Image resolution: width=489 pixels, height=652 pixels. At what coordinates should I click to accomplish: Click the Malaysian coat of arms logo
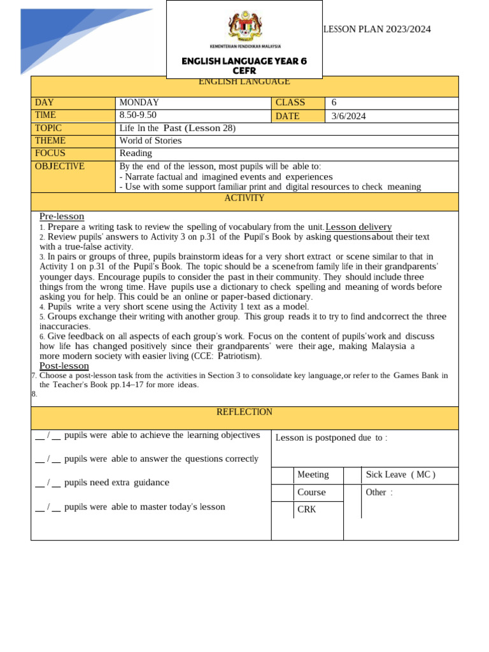[244, 27]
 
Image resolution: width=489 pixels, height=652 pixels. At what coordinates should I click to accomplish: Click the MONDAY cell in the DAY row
[139, 103]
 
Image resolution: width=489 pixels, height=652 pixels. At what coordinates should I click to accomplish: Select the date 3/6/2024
[348, 116]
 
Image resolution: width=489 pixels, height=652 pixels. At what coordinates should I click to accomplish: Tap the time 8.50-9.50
[138, 115]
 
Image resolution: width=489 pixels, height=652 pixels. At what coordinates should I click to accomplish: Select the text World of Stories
[150, 141]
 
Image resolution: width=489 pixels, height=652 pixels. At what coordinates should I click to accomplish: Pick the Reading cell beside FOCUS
[136, 153]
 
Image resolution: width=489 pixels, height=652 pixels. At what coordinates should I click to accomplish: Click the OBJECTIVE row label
[59, 166]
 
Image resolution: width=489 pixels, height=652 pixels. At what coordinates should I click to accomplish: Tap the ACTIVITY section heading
[244, 198]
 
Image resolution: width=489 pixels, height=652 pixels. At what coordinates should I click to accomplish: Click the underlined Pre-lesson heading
[62, 216]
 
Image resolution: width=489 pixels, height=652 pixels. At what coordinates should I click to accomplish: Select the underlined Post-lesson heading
[64, 366]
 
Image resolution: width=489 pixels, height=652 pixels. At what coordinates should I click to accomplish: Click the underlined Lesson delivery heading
[358, 227]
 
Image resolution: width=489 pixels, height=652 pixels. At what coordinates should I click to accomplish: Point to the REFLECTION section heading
[244, 412]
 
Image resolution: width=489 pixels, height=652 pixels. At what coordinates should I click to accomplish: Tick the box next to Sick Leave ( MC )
[352, 475]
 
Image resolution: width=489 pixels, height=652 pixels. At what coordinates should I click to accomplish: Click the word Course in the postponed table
[311, 492]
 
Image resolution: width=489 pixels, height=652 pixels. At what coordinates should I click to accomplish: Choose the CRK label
[307, 509]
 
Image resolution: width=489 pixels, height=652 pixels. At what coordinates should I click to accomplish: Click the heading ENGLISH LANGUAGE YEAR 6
[244, 61]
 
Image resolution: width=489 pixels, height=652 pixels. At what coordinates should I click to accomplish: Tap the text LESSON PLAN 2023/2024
[378, 29]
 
